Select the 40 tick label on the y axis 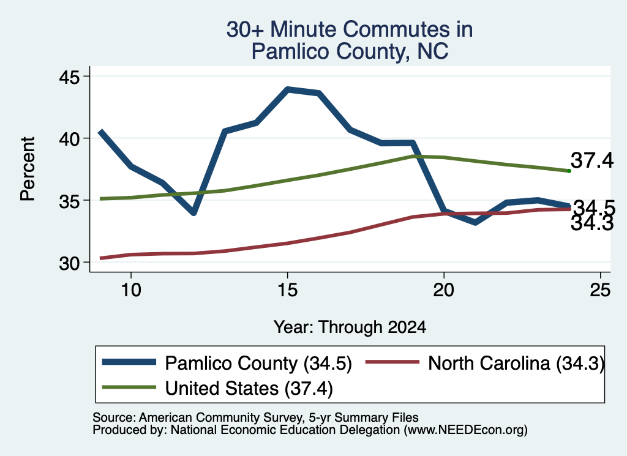pyautogui.click(x=69, y=139)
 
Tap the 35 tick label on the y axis pyautogui.click(x=69, y=201)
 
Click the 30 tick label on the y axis pyautogui.click(x=69, y=263)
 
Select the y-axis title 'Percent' pyautogui.click(x=28, y=169)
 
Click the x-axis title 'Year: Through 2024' pyautogui.click(x=350, y=327)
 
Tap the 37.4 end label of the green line pyautogui.click(x=592, y=160)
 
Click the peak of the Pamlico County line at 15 pyautogui.click(x=288, y=89)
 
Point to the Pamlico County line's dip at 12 pyautogui.click(x=193, y=212)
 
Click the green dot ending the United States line pyautogui.click(x=569, y=171)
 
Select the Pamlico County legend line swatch pyautogui.click(x=129, y=362)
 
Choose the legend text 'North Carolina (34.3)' pyautogui.click(x=516, y=364)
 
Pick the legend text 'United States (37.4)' pyautogui.click(x=249, y=389)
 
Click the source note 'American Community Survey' pyautogui.click(x=221, y=417)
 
